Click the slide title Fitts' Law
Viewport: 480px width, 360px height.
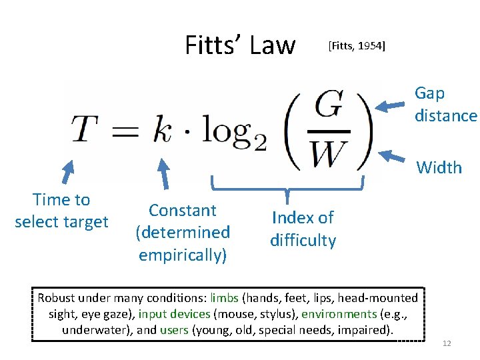(239, 45)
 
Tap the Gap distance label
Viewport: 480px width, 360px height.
(445, 105)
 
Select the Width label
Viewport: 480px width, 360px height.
(439, 167)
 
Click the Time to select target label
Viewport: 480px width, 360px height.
(61, 211)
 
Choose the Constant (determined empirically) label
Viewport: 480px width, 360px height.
(183, 233)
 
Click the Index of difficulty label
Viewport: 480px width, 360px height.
(303, 229)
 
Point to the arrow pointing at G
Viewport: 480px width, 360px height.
(393, 105)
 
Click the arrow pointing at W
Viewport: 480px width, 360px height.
(394, 157)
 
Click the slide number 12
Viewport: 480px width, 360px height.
(447, 343)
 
